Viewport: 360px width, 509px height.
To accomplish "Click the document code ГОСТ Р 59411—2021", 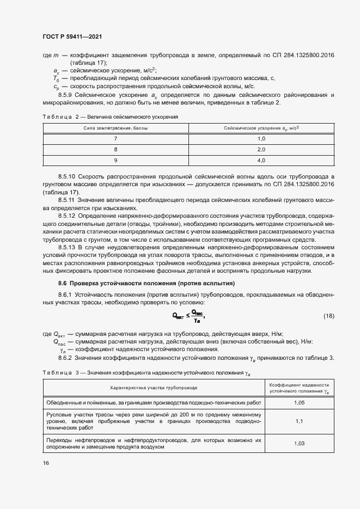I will [x=72, y=36].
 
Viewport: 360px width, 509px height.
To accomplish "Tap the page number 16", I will [x=46, y=463].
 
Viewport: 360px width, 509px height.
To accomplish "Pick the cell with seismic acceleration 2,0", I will [x=260, y=149].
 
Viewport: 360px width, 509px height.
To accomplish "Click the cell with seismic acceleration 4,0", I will [x=260, y=160].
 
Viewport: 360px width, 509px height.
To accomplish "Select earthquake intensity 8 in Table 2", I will [x=115, y=149].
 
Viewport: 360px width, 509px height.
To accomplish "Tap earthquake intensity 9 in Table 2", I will [x=115, y=160].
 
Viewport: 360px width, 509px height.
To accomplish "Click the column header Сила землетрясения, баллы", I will [x=115, y=128].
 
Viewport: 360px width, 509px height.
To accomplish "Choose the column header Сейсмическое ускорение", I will [x=261, y=128].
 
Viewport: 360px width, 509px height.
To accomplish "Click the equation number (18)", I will [x=329, y=316].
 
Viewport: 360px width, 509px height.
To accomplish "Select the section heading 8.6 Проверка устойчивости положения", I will [x=146, y=283].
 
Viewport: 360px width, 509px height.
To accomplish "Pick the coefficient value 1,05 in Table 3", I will [x=299, y=403].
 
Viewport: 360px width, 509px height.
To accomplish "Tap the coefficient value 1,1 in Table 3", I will [x=299, y=421].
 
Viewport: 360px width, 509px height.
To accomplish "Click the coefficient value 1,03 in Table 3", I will [x=299, y=443].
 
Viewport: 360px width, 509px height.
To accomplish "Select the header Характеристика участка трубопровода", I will [x=154, y=387].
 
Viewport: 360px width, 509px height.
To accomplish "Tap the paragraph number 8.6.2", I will [x=65, y=357].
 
